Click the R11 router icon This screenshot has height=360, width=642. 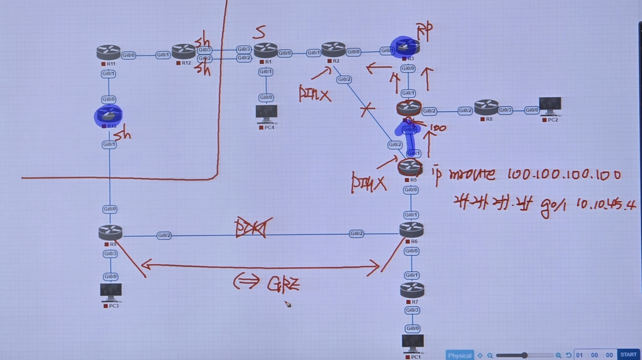tap(108, 52)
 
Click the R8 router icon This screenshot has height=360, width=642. tap(486, 107)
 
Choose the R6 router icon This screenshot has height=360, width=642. tap(411, 230)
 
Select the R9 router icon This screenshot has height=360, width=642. tap(110, 232)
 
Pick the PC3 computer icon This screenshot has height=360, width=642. tap(111, 292)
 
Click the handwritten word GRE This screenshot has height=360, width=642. tap(283, 284)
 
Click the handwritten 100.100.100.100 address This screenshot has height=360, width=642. tap(564, 174)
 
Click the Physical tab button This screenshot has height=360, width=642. tap(459, 355)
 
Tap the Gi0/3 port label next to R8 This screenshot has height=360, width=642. tap(505, 110)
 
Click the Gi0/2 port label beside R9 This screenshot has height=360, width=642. tap(164, 235)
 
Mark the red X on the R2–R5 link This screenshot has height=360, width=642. tap(367, 109)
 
